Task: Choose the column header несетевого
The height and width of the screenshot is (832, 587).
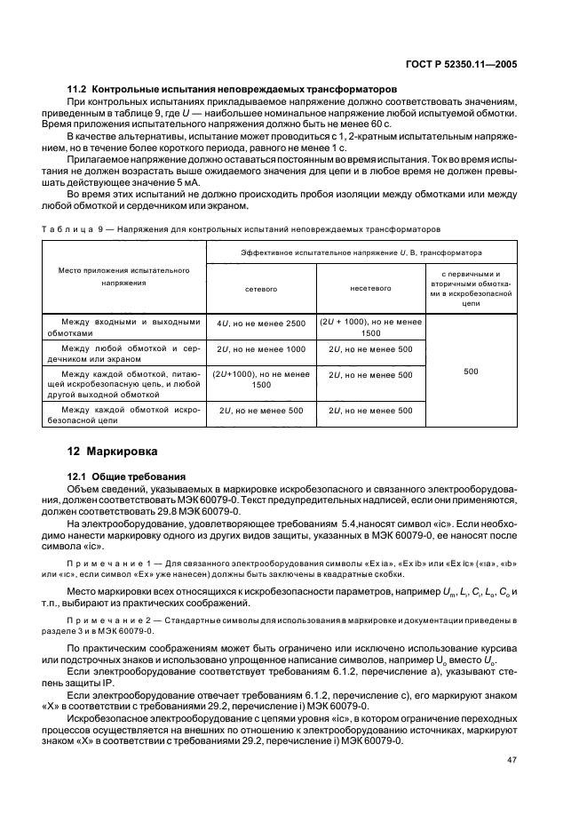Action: [x=371, y=289]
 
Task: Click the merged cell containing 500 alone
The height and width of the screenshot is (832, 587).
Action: [x=471, y=372]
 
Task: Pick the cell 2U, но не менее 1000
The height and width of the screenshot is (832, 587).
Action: [x=261, y=349]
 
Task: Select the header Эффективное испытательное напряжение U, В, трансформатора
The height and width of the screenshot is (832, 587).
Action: [x=359, y=252]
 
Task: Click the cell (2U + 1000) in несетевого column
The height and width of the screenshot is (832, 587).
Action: [x=371, y=327]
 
